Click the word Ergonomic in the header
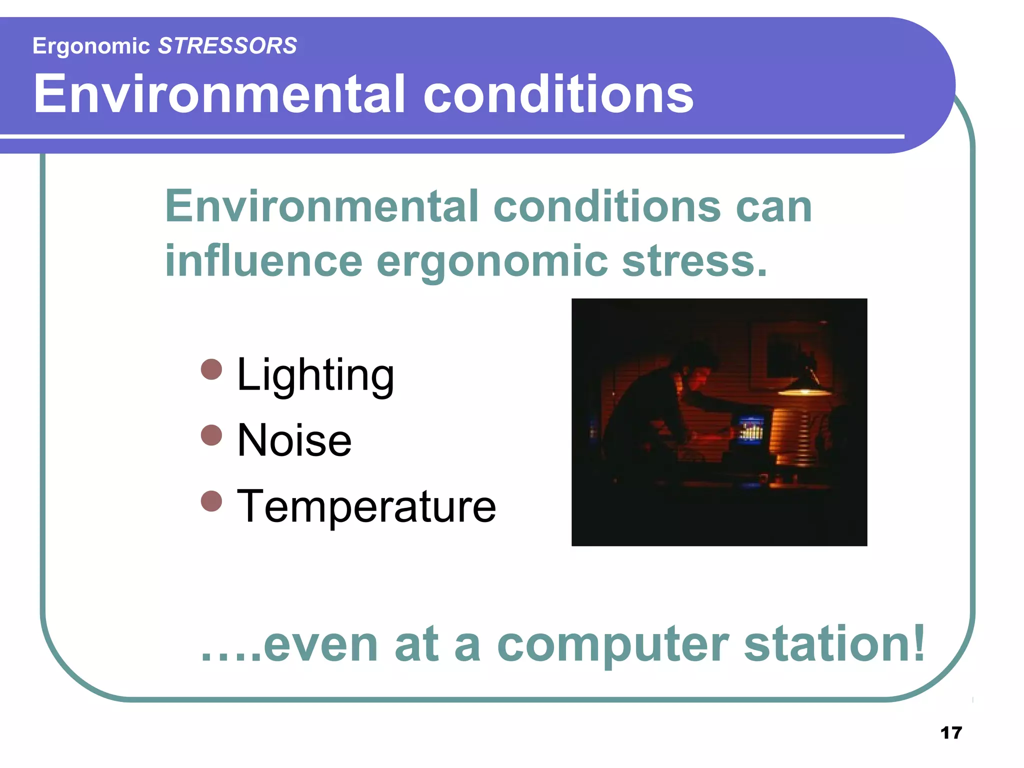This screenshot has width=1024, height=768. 91,46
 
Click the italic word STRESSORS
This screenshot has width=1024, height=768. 227,46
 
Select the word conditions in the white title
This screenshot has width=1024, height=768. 558,94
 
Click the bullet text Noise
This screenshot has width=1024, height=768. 294,440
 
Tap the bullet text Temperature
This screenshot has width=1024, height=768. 366,506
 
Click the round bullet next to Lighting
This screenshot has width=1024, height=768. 211,369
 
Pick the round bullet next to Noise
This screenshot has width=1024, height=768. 211,435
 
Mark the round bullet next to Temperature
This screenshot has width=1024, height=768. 211,501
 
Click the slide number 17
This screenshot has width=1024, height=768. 951,733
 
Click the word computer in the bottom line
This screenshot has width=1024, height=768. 612,645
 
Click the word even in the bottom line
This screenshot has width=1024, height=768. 320,645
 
